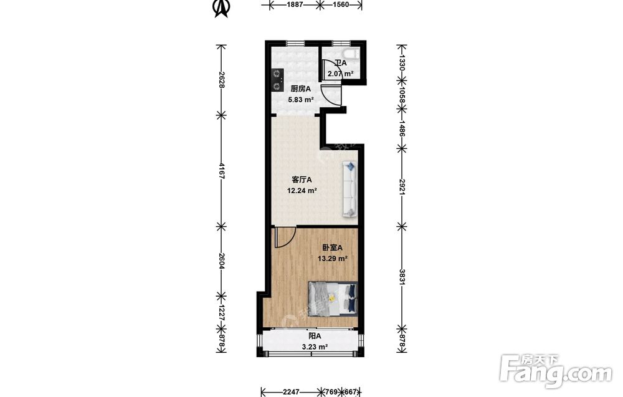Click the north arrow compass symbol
click(x=221, y=9)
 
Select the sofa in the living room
click(x=350, y=189)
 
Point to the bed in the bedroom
click(x=333, y=299)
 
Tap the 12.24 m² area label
click(x=302, y=191)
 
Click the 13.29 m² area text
click(x=333, y=259)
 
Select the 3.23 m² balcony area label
click(x=315, y=347)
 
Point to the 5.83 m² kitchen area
click(x=301, y=100)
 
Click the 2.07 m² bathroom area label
click(x=341, y=74)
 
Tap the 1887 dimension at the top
click(x=295, y=5)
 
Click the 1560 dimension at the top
click(x=341, y=5)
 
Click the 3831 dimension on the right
click(x=402, y=277)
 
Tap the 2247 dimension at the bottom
click(x=291, y=392)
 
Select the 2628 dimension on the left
click(x=222, y=80)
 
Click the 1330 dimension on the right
click(x=402, y=63)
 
